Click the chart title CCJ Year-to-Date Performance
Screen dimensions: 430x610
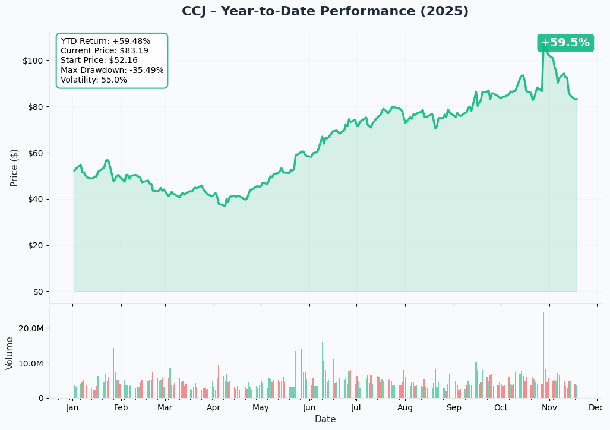[x=325, y=12]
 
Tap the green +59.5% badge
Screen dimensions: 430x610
[x=565, y=43]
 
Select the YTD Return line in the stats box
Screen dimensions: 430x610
[x=105, y=42]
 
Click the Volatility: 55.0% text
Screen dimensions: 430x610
[x=94, y=80]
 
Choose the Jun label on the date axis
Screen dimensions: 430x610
[x=309, y=408]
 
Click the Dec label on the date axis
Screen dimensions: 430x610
[x=596, y=408]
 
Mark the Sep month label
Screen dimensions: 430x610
[x=454, y=408]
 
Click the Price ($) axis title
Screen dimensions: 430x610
[x=14, y=167]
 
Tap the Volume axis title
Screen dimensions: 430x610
[x=10, y=353]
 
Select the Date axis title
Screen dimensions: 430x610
[x=325, y=419]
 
